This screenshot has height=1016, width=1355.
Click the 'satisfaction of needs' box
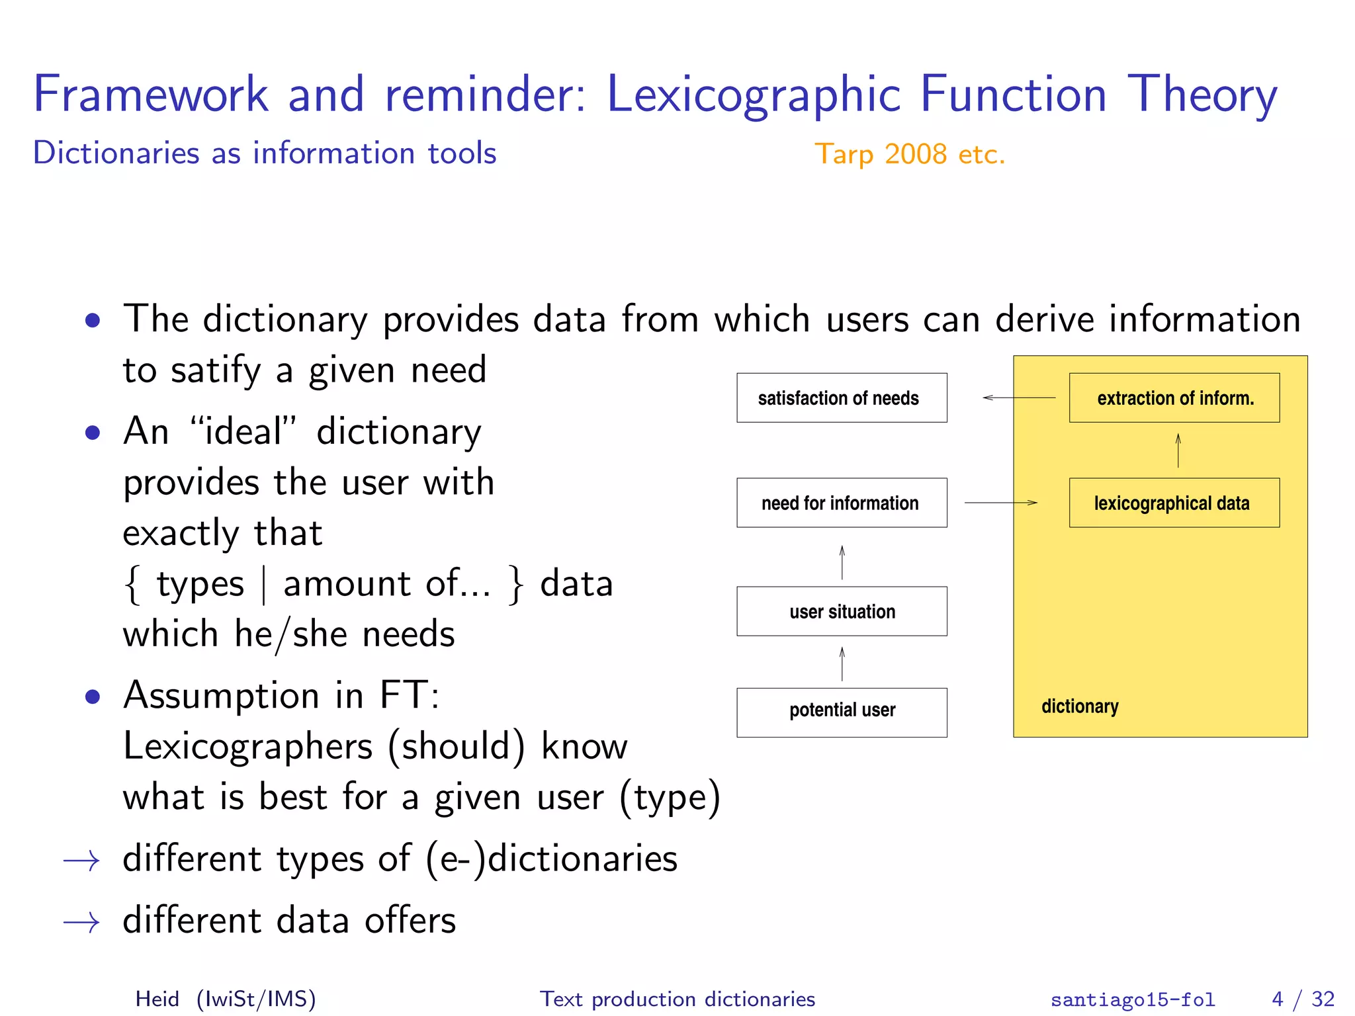[841, 398]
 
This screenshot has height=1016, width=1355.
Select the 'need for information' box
[841, 503]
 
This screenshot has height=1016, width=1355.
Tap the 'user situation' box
[841, 611]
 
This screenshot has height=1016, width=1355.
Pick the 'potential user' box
[841, 712]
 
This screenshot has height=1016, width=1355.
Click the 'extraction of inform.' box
[1174, 398]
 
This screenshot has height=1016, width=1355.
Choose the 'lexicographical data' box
[1174, 503]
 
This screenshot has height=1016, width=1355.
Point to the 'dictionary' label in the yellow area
[1079, 706]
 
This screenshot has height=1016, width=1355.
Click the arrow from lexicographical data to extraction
[1178, 450]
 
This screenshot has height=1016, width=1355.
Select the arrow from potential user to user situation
[842, 663]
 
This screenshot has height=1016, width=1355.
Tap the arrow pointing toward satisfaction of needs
[1019, 398]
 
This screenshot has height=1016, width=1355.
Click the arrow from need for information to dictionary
[1000, 503]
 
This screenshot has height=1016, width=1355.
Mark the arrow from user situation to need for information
[842, 562]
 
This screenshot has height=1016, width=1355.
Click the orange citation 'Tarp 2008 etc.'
[909, 154]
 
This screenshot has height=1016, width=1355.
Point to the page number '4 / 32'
[1302, 998]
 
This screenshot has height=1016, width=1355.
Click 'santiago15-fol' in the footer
[1132, 999]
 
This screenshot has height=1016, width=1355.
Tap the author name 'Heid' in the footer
[157, 998]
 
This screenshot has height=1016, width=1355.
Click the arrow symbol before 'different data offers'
[81, 922]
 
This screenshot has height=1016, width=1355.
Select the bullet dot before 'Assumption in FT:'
[93, 697]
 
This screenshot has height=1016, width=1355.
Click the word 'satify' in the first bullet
[216, 370]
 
